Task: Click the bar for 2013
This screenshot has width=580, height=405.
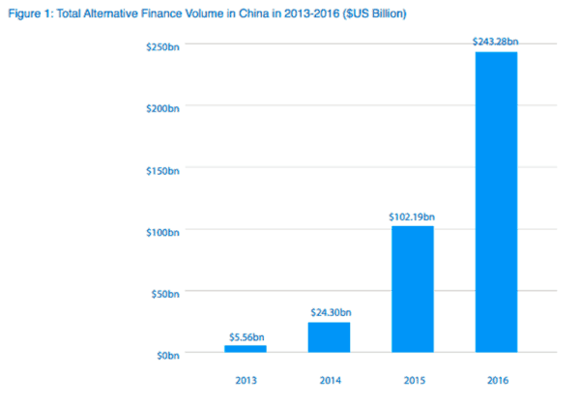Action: point(246,349)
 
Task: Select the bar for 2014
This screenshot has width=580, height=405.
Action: point(330,337)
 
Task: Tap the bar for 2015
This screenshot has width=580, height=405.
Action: point(413,289)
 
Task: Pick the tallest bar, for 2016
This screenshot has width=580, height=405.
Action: point(497,202)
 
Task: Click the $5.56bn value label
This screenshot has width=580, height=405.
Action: point(246,336)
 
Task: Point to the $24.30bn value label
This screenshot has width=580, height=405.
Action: point(330,313)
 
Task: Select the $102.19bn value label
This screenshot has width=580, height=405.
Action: point(413,217)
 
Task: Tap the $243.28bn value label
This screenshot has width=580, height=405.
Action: point(497,42)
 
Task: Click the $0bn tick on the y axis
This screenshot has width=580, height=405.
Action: point(166,355)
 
